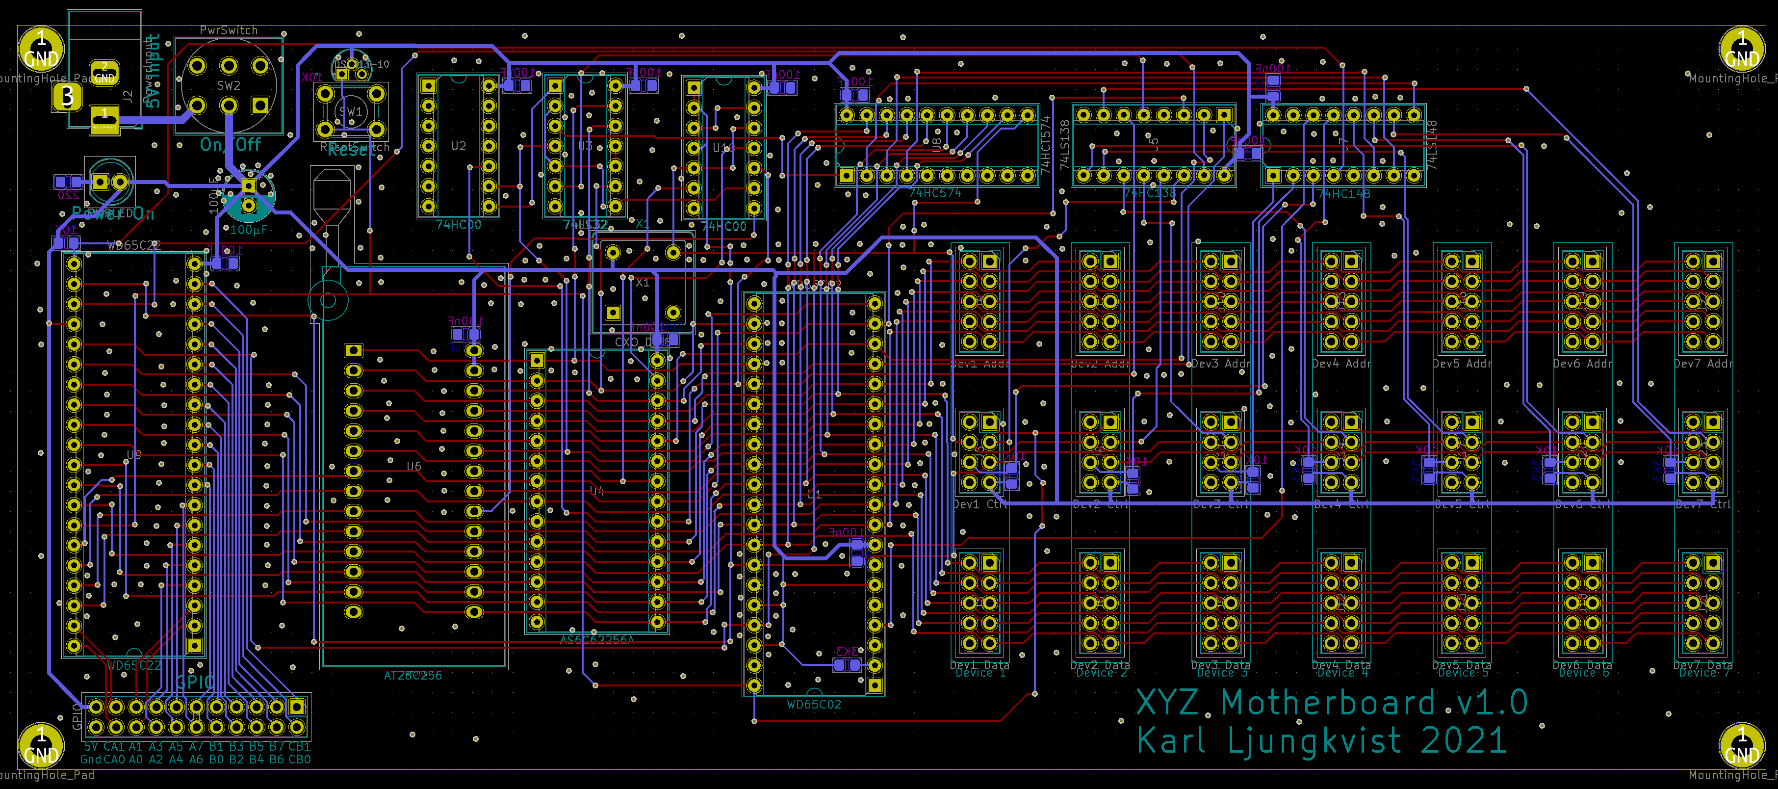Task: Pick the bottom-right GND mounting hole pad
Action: [1741, 745]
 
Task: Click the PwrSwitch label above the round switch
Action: [229, 30]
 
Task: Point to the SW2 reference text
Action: [229, 85]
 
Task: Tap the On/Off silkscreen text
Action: [231, 145]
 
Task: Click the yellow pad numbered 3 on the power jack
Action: [67, 97]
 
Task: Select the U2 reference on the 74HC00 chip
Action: [458, 146]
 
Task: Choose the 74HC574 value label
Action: [935, 193]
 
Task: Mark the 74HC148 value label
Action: [1344, 194]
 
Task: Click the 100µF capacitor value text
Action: [249, 230]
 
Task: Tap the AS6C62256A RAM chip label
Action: [596, 640]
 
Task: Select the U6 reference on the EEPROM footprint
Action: [413, 466]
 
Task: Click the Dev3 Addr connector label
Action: [1220, 364]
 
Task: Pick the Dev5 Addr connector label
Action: [1461, 364]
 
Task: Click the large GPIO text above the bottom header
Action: [195, 682]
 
